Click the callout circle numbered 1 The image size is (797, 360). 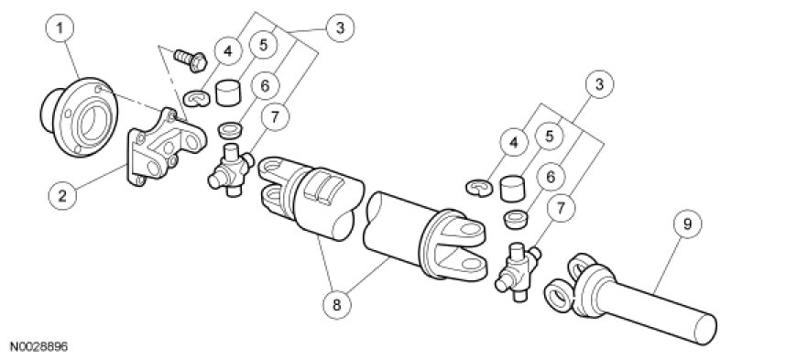60,28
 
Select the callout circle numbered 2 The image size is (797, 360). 62,196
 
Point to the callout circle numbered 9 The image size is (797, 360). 687,224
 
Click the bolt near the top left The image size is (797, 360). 191,60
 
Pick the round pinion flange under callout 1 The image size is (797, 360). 79,116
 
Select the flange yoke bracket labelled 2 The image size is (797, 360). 165,147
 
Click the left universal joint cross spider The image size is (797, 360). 231,169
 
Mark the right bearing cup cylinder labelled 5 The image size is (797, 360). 512,188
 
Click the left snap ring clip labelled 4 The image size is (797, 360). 197,98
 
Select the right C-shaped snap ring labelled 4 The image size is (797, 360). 479,188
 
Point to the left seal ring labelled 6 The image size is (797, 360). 230,130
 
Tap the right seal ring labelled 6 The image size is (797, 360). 517,220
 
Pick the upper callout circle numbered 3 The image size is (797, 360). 340,28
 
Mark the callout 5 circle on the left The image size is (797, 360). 263,45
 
